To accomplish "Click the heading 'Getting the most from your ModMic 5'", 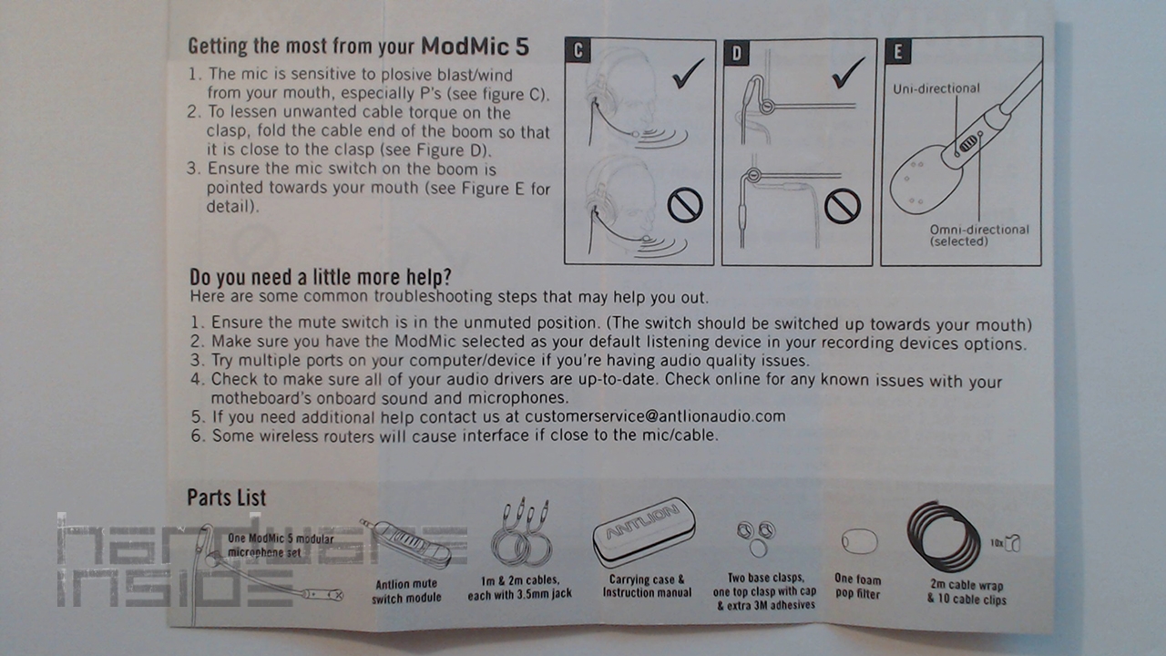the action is click(x=358, y=46).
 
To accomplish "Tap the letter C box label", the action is click(x=578, y=51).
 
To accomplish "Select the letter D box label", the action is click(x=737, y=53).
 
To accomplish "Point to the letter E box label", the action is click(x=898, y=51).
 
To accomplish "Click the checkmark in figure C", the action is click(x=688, y=74).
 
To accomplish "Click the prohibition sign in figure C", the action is click(x=685, y=205).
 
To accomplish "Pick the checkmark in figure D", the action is click(x=848, y=73).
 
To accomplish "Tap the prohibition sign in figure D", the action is click(x=843, y=206).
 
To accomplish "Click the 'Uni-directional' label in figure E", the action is click(x=936, y=89).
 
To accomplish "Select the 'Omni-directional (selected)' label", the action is click(x=979, y=235).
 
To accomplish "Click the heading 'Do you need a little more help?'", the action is click(x=320, y=278).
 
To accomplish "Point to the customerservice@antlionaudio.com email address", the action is click(x=655, y=416).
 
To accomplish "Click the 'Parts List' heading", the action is click(x=227, y=497).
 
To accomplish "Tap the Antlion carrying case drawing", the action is click(x=644, y=532).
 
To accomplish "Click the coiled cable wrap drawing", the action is click(x=943, y=537).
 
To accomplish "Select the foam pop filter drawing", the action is click(x=859, y=542).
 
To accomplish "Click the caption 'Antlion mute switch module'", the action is click(x=406, y=591).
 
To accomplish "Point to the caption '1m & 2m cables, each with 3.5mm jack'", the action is click(x=519, y=587).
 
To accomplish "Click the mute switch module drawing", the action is click(x=406, y=544).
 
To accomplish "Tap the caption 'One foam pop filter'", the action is click(x=858, y=586).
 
